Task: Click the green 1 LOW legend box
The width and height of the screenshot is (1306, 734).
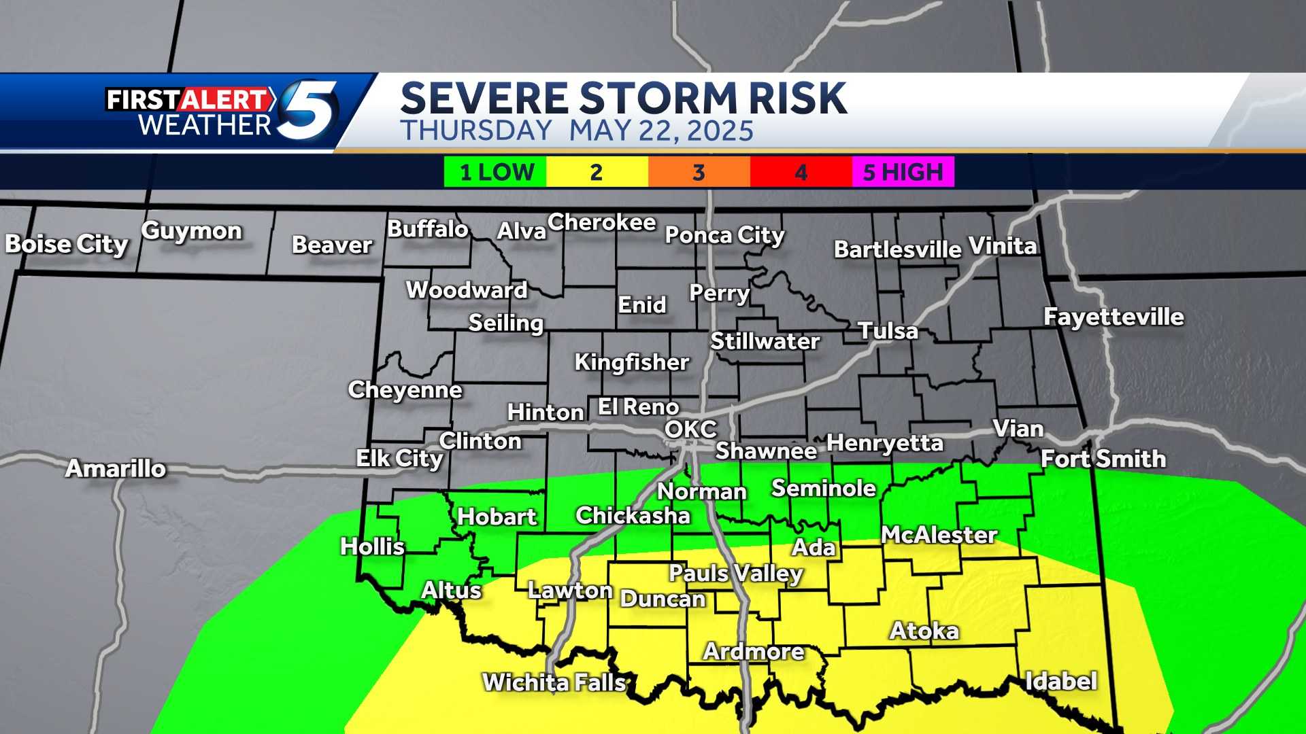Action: [x=495, y=172]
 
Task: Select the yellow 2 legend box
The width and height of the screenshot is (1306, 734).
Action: [x=597, y=172]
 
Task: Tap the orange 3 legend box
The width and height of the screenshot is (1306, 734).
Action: [x=699, y=172]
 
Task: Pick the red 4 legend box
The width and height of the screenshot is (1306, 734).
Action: [x=801, y=172]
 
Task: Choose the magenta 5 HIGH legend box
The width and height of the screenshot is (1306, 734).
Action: [x=903, y=172]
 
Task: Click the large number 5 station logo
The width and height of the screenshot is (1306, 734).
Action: [x=309, y=109]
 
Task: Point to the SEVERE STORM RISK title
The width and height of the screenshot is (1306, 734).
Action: [x=623, y=98]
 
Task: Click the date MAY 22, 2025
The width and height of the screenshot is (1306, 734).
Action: [x=661, y=130]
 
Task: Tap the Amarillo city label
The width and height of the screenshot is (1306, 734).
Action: [x=116, y=468]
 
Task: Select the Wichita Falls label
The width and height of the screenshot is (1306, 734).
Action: [x=554, y=682]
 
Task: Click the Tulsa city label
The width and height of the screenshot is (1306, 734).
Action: [x=888, y=331]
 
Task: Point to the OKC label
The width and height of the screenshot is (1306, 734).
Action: [x=690, y=430]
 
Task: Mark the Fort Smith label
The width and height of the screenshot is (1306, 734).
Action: [x=1103, y=459]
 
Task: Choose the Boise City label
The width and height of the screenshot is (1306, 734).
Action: [x=67, y=244]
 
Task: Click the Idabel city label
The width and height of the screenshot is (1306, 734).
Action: [x=1061, y=681]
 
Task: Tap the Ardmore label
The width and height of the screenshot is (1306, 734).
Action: [x=754, y=651]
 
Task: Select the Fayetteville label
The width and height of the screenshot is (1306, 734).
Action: [x=1114, y=317]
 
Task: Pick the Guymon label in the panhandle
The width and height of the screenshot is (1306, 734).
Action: [x=192, y=231]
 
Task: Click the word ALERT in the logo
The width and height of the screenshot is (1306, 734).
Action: [x=224, y=100]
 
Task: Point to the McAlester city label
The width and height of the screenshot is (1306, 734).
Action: [x=939, y=535]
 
